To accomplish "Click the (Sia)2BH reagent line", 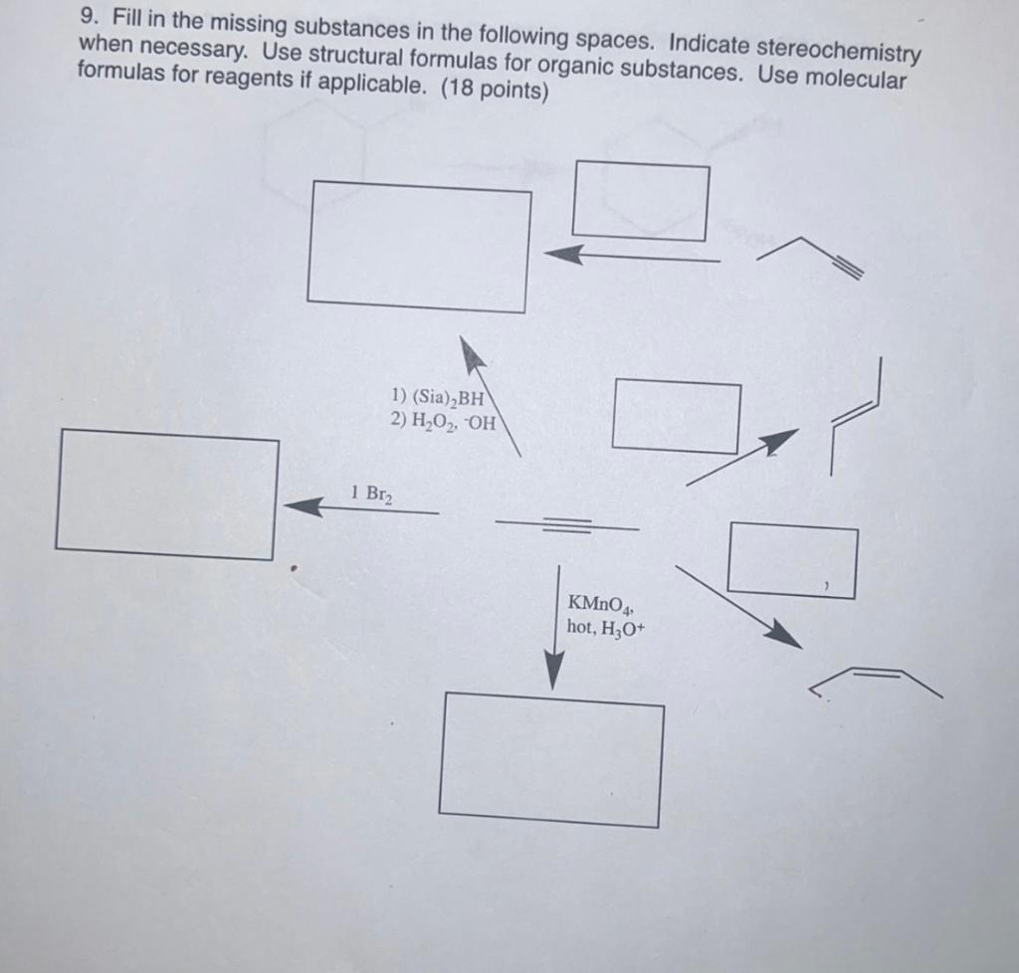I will pos(438,401).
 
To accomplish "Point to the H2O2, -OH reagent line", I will pos(441,421).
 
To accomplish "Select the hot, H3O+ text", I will pos(606,627).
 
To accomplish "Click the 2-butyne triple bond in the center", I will pos(566,524).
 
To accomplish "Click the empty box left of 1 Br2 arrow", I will pos(166,493).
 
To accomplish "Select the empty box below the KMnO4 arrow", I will pos(551,759).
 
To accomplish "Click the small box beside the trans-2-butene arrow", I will pos(677,416).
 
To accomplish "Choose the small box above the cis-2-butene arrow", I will pos(792,562).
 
